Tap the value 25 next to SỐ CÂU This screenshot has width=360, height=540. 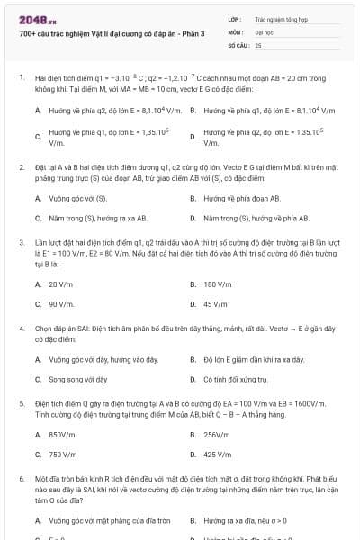(x=258, y=44)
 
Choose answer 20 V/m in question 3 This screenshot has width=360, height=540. (x=61, y=283)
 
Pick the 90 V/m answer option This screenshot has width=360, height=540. (x=61, y=304)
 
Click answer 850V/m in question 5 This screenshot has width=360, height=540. (x=62, y=434)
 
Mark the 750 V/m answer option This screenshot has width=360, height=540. (x=63, y=454)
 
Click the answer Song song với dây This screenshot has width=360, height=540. (x=77, y=379)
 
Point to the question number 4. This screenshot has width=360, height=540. (x=21, y=328)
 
